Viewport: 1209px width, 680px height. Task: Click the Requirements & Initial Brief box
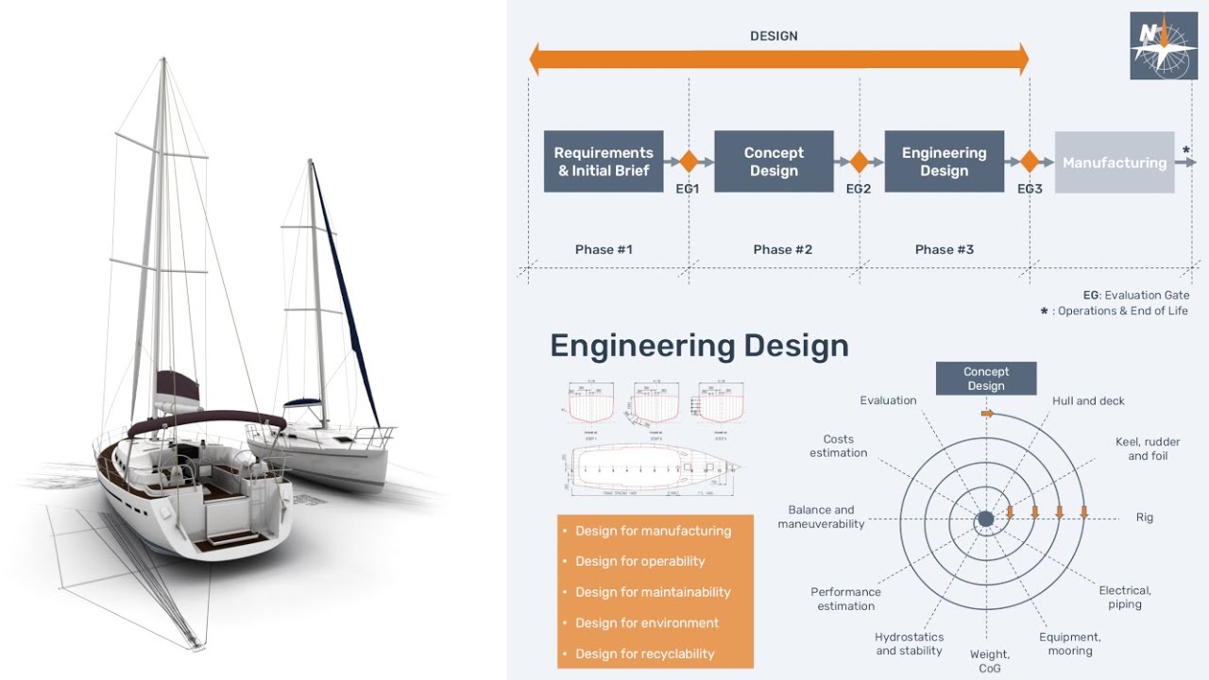pyautogui.click(x=604, y=161)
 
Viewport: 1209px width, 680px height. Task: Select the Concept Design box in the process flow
pyautogui.click(x=774, y=161)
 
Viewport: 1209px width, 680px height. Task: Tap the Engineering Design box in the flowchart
pyautogui.click(x=944, y=161)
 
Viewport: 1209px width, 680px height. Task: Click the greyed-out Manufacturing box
pyautogui.click(x=1114, y=162)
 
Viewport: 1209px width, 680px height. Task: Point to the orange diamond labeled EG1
pyautogui.click(x=689, y=161)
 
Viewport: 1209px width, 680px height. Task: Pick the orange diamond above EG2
pyautogui.click(x=859, y=161)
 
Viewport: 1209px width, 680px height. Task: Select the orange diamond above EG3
pyautogui.click(x=1030, y=161)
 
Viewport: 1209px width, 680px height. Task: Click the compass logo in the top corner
pyautogui.click(x=1163, y=45)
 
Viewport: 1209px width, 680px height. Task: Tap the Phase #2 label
pyautogui.click(x=782, y=249)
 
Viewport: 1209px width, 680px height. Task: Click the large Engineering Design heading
pyautogui.click(x=699, y=346)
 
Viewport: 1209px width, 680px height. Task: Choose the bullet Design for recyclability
pyautogui.click(x=644, y=654)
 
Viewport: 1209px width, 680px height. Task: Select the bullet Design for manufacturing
pyautogui.click(x=653, y=531)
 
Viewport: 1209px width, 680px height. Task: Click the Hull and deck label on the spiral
pyautogui.click(x=1088, y=401)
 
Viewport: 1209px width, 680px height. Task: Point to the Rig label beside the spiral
pyautogui.click(x=1144, y=518)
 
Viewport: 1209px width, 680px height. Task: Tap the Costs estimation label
pyautogui.click(x=838, y=446)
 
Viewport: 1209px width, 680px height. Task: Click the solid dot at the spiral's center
pyautogui.click(x=985, y=518)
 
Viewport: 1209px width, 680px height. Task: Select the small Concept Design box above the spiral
pyautogui.click(x=985, y=379)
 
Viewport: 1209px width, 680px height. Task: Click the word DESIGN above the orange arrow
pyautogui.click(x=774, y=36)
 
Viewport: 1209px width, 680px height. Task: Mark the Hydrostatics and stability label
pyautogui.click(x=909, y=644)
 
